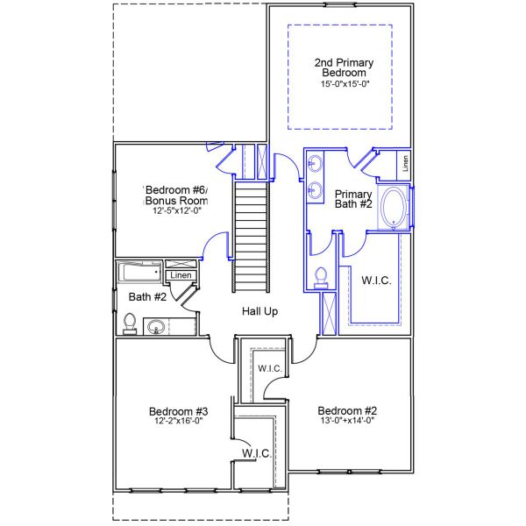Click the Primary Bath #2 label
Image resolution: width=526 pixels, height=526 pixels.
pos(354,199)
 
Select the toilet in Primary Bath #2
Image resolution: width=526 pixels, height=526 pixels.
pos(321,278)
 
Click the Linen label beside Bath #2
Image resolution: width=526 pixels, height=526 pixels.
pos(181,275)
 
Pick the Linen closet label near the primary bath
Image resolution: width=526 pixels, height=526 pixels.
pos(405,161)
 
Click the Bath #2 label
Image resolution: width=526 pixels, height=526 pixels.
pos(147,297)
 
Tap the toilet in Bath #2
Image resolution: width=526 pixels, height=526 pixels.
pos(130,324)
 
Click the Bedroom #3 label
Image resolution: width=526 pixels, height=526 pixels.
pos(178,411)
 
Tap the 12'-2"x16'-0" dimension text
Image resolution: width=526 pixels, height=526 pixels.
pos(178,422)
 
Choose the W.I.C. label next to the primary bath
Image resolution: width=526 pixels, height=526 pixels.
pos(376,281)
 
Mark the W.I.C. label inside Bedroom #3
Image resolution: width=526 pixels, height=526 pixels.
pos(256,453)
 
